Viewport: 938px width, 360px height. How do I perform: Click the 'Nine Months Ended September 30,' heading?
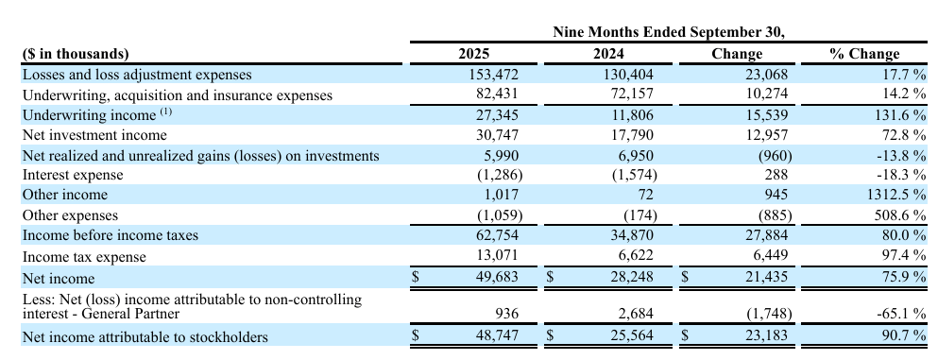(669, 32)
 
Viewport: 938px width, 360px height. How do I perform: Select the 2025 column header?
(473, 54)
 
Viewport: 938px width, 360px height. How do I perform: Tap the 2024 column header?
(607, 54)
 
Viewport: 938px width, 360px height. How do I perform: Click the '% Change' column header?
(864, 54)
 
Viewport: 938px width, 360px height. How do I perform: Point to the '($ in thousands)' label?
(75, 54)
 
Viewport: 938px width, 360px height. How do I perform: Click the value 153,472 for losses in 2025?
(493, 75)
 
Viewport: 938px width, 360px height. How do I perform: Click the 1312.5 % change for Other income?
(890, 195)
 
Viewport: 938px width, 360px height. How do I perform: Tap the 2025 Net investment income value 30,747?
(497, 135)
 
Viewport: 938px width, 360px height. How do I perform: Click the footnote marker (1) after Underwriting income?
(166, 112)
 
